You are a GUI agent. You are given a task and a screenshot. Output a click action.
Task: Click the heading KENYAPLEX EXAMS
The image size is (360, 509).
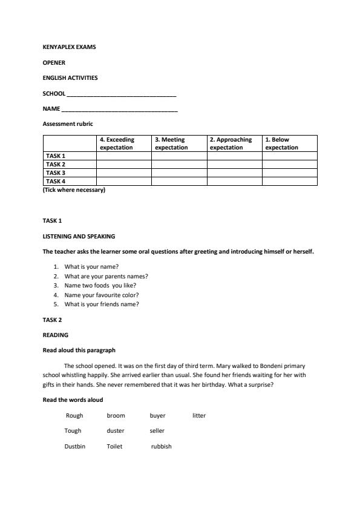point(69,47)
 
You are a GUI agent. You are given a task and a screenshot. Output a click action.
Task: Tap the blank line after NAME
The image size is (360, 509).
point(119,110)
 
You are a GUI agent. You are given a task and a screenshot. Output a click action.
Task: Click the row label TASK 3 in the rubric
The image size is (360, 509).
point(56,172)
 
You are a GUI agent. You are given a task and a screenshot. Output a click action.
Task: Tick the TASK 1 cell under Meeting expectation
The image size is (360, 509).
point(179,156)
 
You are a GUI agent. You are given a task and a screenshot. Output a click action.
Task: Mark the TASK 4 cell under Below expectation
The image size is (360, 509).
point(289,181)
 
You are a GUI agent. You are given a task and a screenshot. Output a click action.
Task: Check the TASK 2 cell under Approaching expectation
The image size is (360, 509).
point(234,164)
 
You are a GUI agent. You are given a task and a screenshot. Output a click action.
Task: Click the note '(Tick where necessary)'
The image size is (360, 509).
point(74,190)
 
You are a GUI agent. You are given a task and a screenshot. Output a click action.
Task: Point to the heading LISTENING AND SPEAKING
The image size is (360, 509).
point(79,236)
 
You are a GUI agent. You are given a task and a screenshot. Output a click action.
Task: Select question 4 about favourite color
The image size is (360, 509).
point(102,295)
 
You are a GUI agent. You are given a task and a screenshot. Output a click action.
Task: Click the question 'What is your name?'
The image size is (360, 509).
point(91,266)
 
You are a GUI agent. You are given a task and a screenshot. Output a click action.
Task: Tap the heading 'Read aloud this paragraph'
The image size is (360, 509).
point(79,350)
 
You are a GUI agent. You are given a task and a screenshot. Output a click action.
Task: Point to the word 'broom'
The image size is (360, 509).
point(116,416)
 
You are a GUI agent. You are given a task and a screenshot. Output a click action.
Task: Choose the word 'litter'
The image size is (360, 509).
point(199,416)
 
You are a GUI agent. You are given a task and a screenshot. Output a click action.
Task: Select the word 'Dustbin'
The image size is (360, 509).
point(75,446)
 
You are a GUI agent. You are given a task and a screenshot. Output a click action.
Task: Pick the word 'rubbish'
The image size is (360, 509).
point(161,446)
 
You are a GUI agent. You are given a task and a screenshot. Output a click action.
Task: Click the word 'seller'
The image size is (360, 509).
point(157,431)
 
